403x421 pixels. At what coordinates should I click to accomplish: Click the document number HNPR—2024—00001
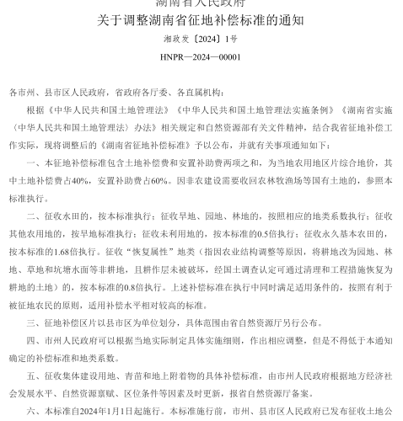(x=200, y=57)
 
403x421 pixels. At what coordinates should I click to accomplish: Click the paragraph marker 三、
(x=35, y=321)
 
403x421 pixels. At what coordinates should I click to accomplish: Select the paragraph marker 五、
(x=35, y=374)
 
